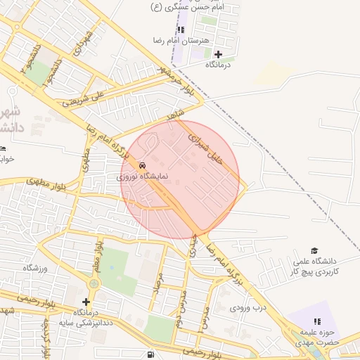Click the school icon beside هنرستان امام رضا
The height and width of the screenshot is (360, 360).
point(181,30)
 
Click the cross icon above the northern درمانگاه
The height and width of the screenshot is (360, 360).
point(218,54)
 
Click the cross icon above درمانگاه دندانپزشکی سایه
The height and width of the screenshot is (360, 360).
point(86,302)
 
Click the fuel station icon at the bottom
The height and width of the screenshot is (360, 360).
point(150,354)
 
